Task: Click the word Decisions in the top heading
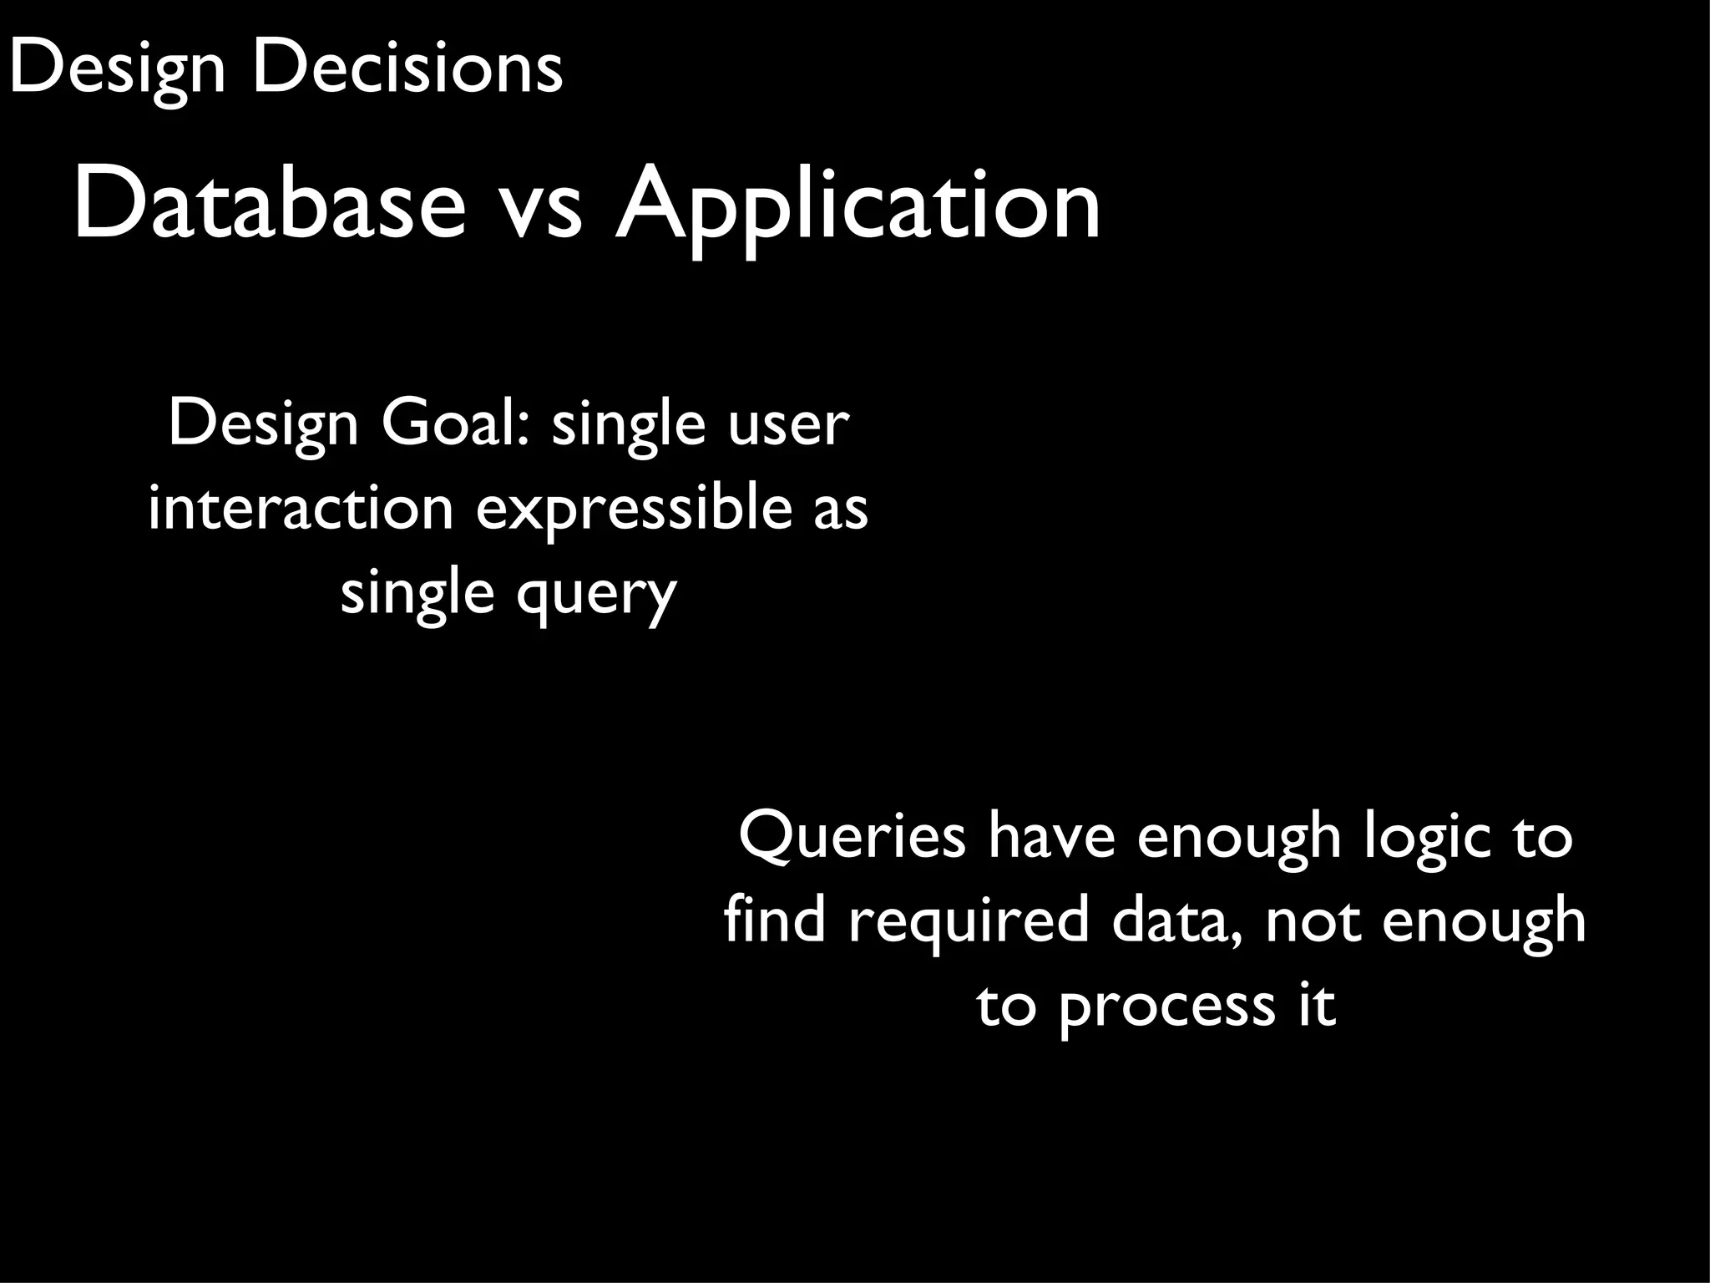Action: click(x=407, y=68)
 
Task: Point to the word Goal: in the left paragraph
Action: click(x=456, y=423)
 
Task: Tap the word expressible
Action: click(x=633, y=508)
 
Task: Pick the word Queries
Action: click(x=852, y=836)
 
